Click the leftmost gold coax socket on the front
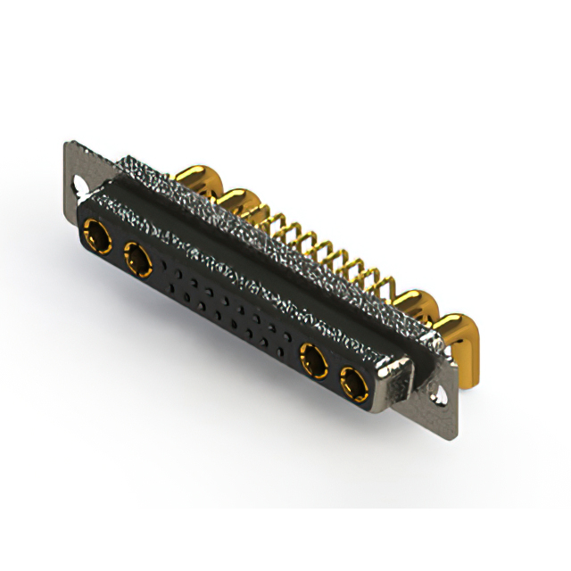pos(96,238)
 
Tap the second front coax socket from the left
pos(137,261)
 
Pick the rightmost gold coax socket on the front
pos(353,385)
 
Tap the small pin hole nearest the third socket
pos(287,342)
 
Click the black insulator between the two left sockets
pos(117,250)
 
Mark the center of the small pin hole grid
pos(228,308)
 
